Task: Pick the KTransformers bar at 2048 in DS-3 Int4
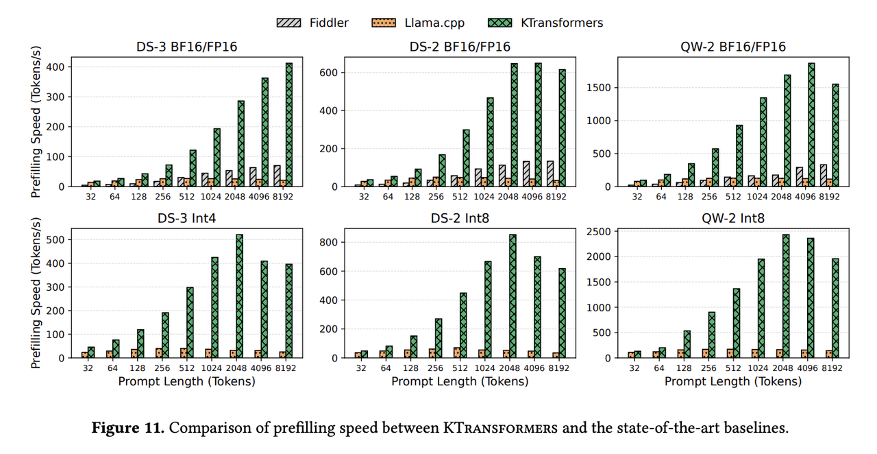[x=240, y=296]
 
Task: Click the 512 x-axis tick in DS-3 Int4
[x=186, y=368]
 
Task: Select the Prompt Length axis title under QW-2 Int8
[x=732, y=381]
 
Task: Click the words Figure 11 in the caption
[x=128, y=429]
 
